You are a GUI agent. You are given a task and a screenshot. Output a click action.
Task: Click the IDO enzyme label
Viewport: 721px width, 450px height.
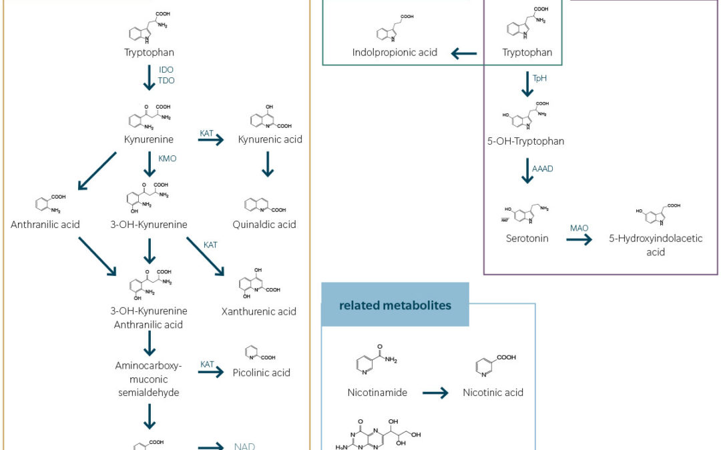166,69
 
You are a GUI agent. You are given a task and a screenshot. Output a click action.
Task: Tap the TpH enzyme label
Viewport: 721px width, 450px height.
539,79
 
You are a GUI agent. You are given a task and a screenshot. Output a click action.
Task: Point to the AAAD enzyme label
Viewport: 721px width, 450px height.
543,169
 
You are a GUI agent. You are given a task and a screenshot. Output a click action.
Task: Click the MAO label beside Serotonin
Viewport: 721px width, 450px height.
579,228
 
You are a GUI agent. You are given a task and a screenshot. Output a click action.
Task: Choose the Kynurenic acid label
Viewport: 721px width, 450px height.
270,139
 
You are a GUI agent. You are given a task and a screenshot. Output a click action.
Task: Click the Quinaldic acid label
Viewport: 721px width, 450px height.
264,225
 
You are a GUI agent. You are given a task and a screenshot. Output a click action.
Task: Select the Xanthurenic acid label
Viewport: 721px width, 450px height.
259,311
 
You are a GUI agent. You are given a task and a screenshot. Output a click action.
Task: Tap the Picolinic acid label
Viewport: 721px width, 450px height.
262,373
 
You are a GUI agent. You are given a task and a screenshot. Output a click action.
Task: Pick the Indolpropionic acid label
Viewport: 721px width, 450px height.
395,52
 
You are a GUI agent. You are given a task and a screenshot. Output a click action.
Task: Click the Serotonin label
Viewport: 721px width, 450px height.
527,238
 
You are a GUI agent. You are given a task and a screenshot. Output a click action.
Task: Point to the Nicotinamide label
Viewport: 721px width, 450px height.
377,393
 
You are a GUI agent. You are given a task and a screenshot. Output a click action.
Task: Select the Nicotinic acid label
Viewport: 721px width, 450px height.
493,393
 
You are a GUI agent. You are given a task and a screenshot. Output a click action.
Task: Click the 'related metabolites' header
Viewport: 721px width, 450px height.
395,305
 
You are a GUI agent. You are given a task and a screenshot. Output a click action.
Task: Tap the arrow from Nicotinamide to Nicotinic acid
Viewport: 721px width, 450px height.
435,393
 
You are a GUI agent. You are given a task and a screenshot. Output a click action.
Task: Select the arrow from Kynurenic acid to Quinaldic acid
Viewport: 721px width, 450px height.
268,165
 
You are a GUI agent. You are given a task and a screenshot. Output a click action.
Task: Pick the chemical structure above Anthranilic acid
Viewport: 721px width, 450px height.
46,203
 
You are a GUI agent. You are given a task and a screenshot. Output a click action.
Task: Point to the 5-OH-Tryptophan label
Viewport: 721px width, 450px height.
527,141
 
